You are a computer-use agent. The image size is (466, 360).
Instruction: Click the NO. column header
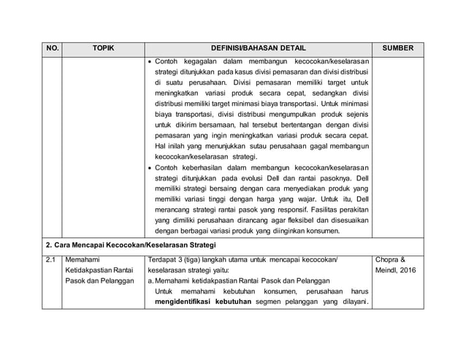tap(52, 48)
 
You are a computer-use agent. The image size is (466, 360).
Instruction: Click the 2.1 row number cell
tap(51, 258)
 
